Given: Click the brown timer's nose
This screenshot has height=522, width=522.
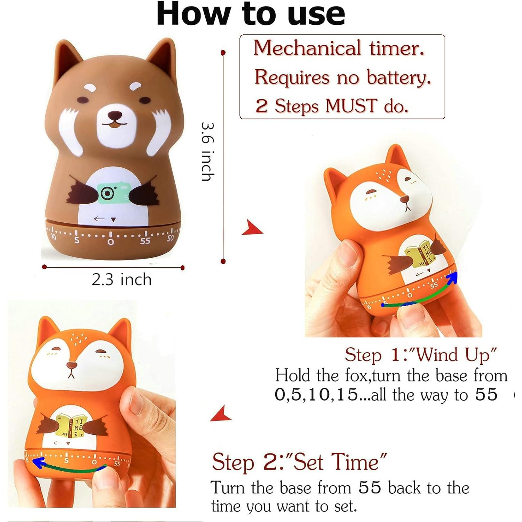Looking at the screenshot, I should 115,115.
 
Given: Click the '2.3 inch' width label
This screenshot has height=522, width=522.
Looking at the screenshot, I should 121,280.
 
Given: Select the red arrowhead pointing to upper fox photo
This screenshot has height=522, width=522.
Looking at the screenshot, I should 252,228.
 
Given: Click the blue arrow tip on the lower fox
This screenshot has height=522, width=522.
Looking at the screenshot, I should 37,462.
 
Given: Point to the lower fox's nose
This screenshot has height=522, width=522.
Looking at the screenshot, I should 72,365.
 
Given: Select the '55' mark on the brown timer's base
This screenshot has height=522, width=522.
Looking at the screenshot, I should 145,241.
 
